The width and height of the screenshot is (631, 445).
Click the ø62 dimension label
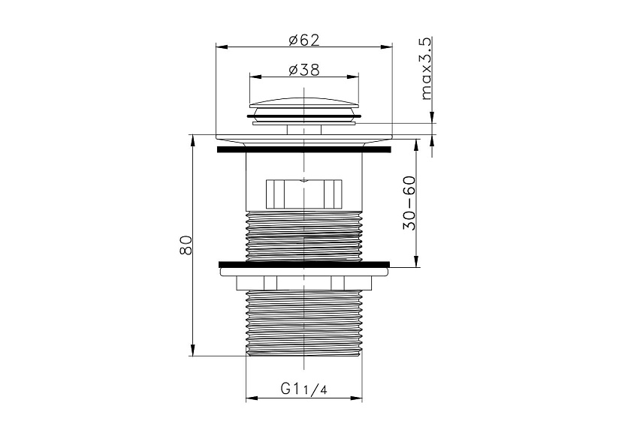click(303, 40)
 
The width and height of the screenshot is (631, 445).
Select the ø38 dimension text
click(303, 70)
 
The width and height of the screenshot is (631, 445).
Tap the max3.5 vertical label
click(426, 68)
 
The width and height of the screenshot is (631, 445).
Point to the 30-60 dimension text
click(409, 203)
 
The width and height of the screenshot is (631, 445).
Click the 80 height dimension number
click(186, 245)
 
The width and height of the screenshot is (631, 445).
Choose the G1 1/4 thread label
click(303, 389)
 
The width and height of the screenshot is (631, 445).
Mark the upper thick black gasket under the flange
click(303, 149)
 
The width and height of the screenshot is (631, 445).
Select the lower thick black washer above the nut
click(304, 264)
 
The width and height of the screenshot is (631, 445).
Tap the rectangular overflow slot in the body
click(303, 194)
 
